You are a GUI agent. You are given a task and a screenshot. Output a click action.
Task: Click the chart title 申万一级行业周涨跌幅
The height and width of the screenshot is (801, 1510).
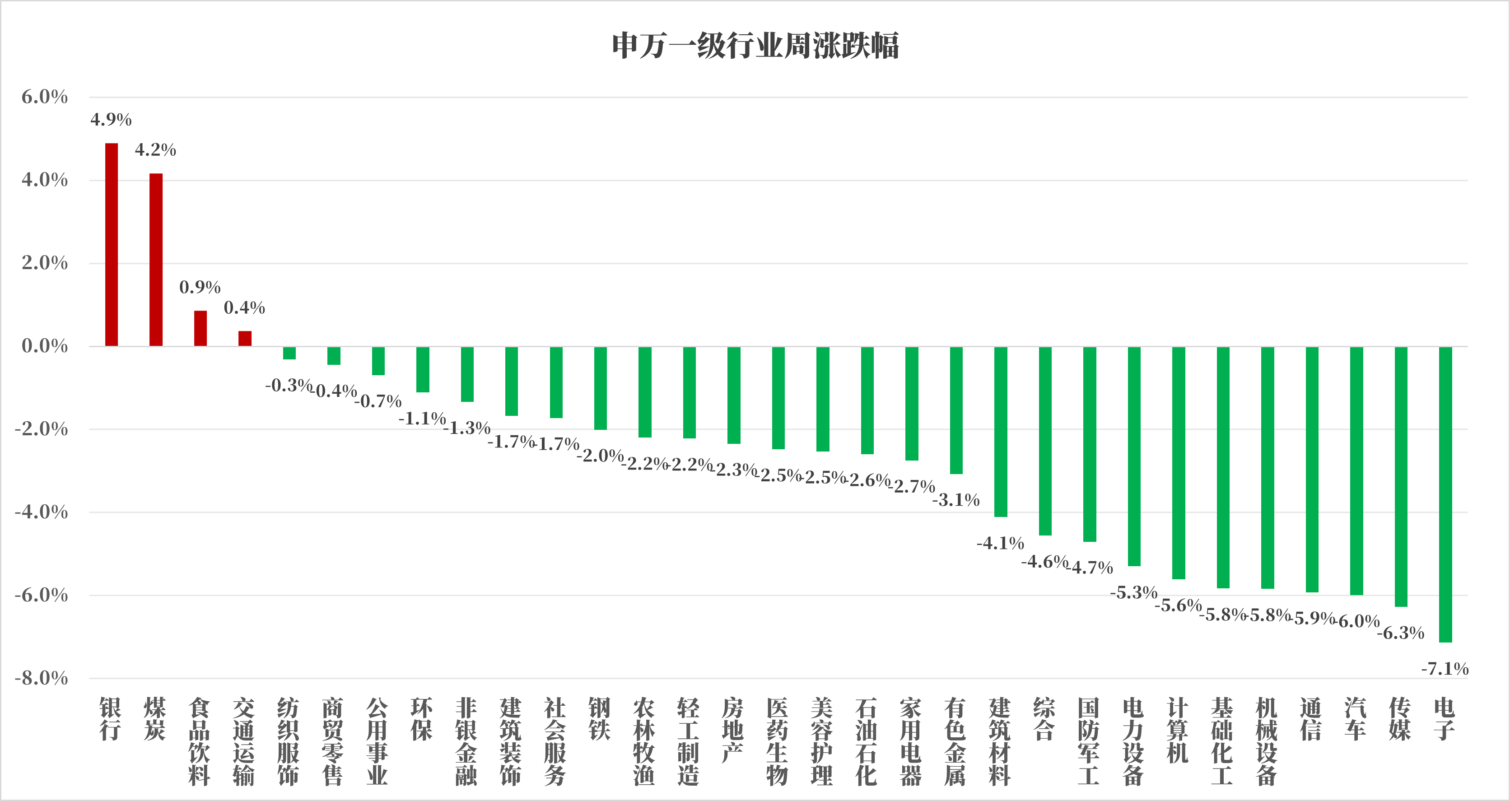click(x=755, y=46)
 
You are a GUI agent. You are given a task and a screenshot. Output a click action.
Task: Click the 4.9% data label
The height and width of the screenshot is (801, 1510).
click(x=111, y=120)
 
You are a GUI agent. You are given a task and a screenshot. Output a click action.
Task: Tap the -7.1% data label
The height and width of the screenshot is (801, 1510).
click(x=1445, y=669)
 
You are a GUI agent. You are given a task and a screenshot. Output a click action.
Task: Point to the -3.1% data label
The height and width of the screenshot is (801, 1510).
click(x=956, y=500)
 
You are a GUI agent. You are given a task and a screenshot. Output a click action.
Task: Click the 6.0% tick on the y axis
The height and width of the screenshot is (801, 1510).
click(x=45, y=97)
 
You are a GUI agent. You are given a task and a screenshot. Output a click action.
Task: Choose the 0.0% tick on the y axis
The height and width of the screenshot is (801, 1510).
click(x=45, y=346)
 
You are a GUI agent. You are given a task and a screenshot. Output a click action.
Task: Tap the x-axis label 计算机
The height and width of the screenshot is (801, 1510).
click(x=1178, y=730)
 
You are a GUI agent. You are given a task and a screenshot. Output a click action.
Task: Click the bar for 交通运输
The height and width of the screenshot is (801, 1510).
click(x=245, y=338)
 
